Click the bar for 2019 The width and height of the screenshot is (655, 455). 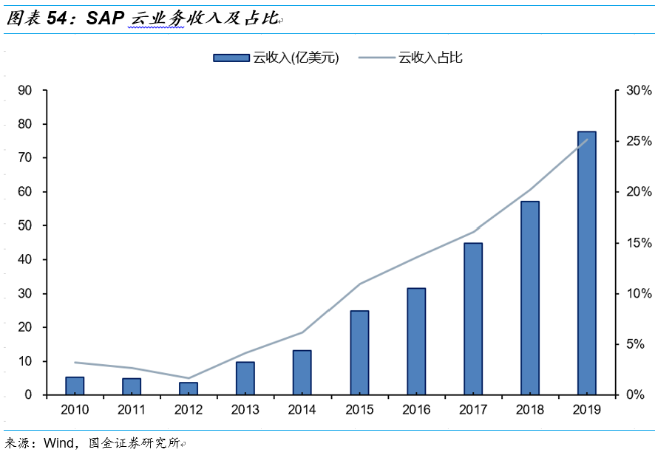click(x=587, y=263)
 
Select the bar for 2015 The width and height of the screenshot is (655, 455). click(x=359, y=352)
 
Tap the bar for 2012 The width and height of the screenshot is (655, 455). click(x=189, y=389)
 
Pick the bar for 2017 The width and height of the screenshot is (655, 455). click(x=473, y=318)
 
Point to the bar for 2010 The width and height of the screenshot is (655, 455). click(x=75, y=386)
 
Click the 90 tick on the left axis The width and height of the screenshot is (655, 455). click(x=26, y=91)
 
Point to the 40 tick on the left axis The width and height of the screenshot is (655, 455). click(x=26, y=259)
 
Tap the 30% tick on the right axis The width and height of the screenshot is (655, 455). click(x=637, y=91)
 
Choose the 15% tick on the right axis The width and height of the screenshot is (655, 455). click(x=637, y=243)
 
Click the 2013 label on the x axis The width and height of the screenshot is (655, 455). click(x=245, y=409)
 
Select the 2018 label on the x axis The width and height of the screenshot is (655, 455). click(x=530, y=409)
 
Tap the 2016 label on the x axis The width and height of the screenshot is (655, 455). click(x=416, y=409)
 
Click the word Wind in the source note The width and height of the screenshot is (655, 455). click(x=60, y=443)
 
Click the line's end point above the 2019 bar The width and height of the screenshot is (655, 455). click(x=587, y=140)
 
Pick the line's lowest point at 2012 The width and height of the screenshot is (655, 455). click(x=189, y=378)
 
